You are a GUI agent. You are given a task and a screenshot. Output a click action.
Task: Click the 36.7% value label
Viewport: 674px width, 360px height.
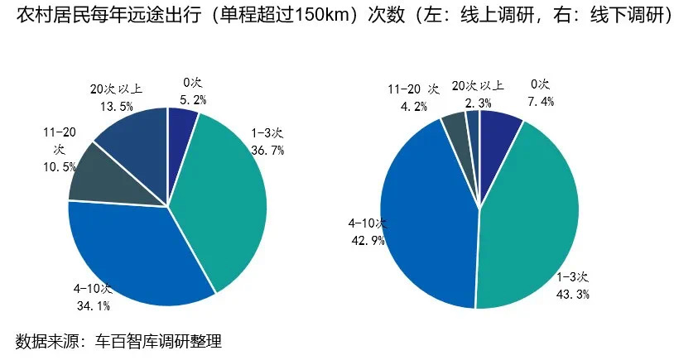tap(267, 150)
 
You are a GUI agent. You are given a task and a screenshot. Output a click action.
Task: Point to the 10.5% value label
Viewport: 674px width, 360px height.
tap(59, 167)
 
